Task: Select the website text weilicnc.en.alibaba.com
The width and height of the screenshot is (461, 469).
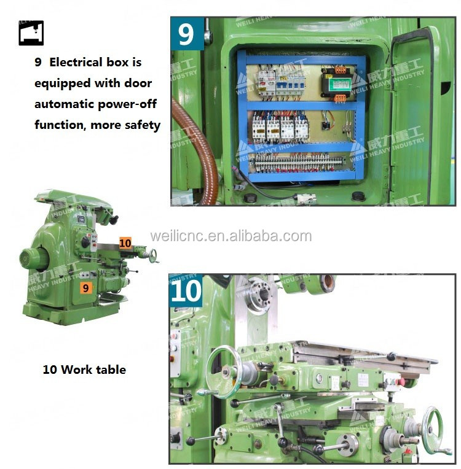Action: coord(230,236)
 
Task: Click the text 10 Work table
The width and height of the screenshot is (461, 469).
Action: coord(84,370)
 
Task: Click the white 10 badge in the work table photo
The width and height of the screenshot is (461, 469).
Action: coord(186,290)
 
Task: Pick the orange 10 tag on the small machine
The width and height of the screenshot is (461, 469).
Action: coord(125,243)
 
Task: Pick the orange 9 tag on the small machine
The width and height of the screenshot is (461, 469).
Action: coord(86,287)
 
